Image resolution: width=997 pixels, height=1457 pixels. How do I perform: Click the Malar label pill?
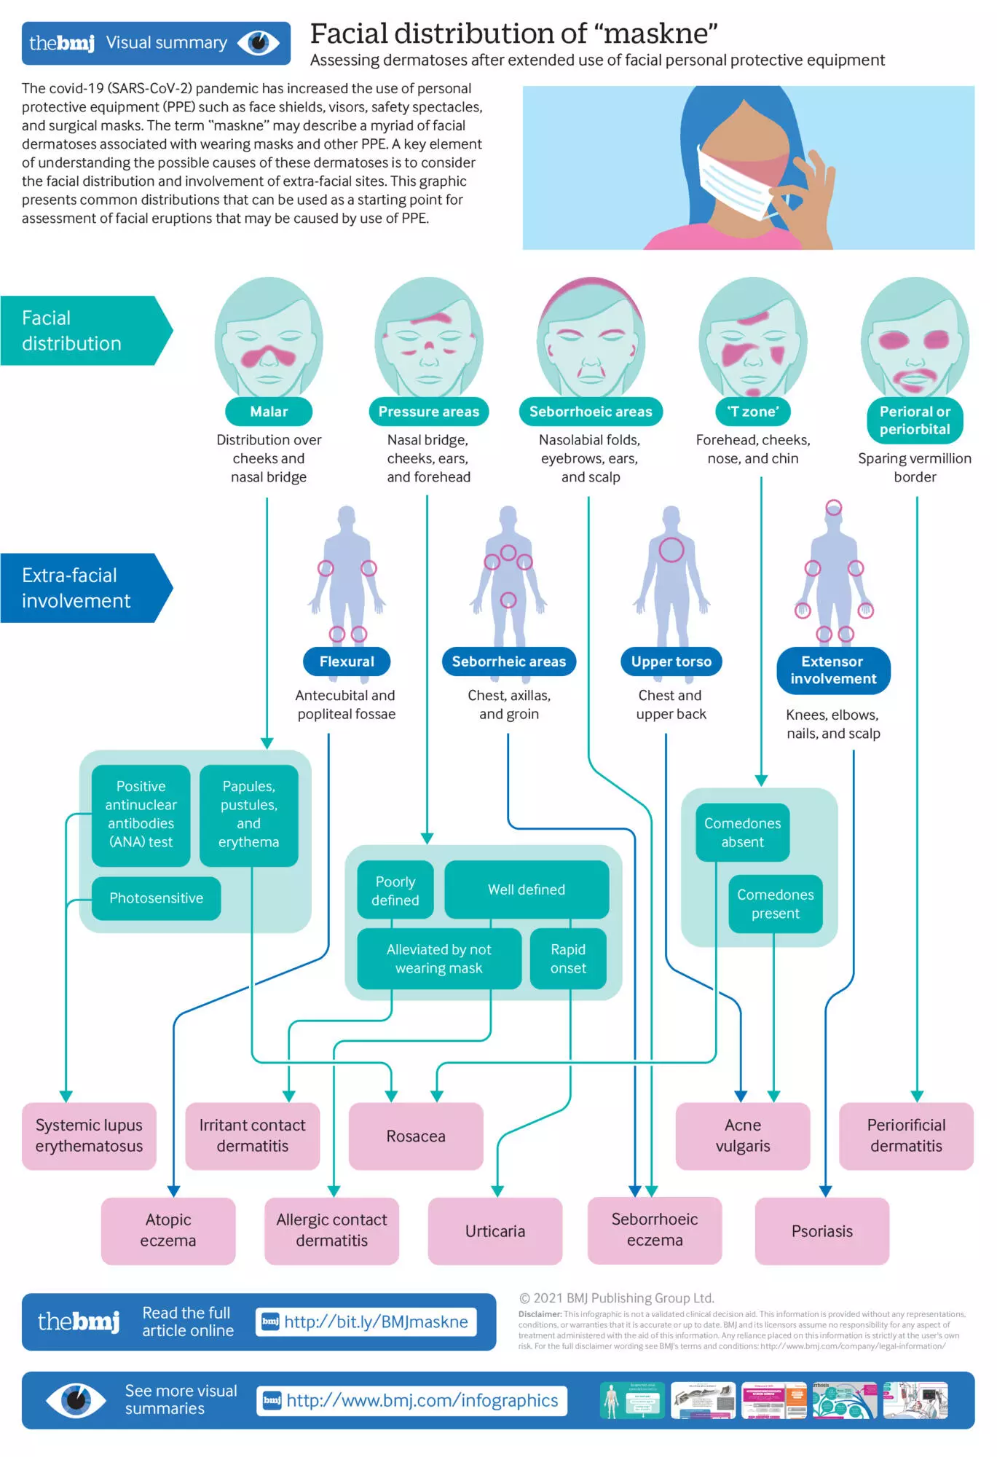(269, 412)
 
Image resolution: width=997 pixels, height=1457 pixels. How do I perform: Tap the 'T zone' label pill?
(753, 412)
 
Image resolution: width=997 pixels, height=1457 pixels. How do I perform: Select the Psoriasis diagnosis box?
(821, 1231)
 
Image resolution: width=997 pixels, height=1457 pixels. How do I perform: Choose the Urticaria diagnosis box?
(495, 1231)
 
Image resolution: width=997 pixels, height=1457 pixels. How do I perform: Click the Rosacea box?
(416, 1136)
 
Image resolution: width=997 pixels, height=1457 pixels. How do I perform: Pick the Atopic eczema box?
(168, 1230)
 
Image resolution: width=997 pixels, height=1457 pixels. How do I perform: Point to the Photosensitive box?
(156, 898)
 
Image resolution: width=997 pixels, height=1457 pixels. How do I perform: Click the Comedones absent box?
(742, 833)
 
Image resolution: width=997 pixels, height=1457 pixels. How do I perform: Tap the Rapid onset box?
(568, 959)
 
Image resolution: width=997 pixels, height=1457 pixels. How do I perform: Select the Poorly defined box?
(395, 890)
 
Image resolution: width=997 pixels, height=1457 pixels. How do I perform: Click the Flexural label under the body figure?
(347, 661)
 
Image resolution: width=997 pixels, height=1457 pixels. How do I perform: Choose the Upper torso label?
(671, 661)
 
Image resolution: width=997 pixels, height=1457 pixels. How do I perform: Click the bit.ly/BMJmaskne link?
(366, 1322)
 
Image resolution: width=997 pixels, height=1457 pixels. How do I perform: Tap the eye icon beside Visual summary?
(259, 43)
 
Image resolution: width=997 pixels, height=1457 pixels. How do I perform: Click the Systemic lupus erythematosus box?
(89, 1136)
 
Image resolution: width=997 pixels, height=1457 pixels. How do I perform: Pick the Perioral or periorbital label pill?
(915, 420)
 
